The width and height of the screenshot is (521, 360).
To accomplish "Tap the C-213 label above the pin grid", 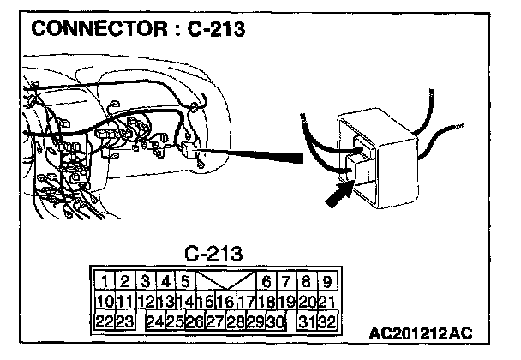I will click(x=213, y=254).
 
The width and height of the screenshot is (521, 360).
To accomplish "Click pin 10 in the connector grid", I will click(x=105, y=302).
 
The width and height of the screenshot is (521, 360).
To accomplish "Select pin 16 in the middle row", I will click(x=226, y=302).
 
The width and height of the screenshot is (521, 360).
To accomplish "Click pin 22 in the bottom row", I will click(x=105, y=321).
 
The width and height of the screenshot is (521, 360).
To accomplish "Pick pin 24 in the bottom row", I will click(x=155, y=321).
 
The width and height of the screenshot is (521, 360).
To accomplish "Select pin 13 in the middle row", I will click(x=165, y=302).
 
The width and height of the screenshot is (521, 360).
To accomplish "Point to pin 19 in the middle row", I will click(x=287, y=302).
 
